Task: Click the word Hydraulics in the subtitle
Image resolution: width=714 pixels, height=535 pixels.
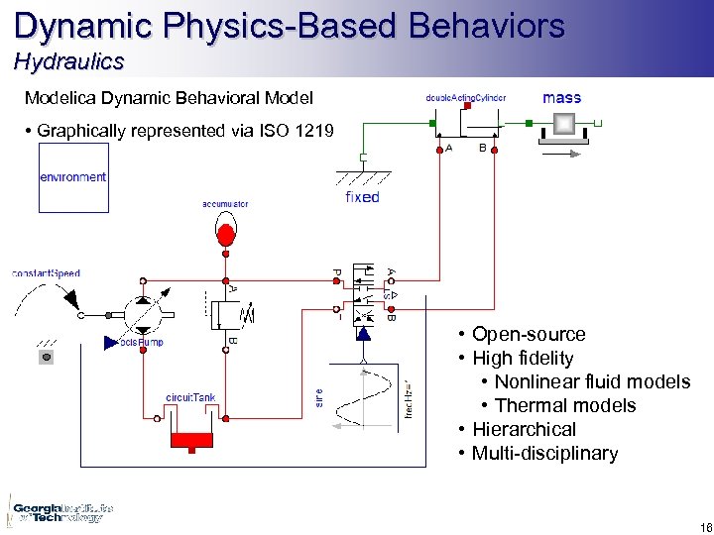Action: click(x=68, y=61)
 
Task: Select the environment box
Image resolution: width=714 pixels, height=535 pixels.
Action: click(x=72, y=177)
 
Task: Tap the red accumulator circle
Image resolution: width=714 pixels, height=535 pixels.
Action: click(x=226, y=235)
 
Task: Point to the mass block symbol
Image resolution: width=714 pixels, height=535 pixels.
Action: click(x=563, y=124)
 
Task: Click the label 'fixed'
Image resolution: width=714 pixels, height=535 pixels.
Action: click(x=362, y=197)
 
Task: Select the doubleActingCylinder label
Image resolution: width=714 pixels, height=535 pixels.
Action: click(x=465, y=98)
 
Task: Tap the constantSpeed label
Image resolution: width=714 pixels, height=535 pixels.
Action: click(x=46, y=272)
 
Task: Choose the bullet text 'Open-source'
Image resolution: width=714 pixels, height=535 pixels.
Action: click(x=529, y=334)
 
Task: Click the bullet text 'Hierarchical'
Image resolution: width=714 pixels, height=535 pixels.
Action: click(x=524, y=429)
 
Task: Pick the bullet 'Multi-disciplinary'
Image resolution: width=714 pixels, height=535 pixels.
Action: click(x=544, y=453)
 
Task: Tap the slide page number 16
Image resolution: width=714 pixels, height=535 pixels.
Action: click(x=692, y=527)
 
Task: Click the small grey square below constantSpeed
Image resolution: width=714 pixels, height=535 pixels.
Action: click(x=45, y=357)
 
